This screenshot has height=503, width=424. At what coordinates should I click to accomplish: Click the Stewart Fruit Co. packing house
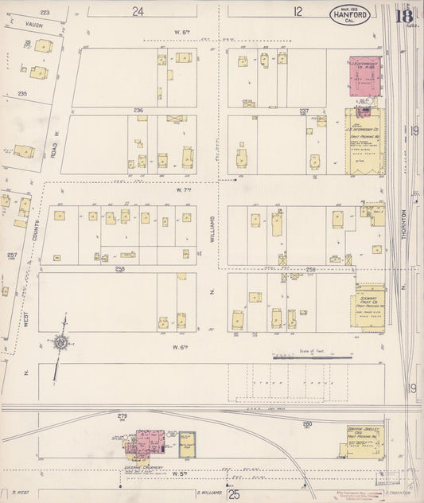[369, 306]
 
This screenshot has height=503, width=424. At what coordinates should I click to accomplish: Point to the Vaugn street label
[33, 25]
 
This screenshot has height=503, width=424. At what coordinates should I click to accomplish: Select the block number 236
[138, 110]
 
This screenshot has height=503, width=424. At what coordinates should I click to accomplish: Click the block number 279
[122, 416]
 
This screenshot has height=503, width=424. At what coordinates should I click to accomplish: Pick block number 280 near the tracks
[306, 423]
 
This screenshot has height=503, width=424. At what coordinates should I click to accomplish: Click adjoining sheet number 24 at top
[139, 11]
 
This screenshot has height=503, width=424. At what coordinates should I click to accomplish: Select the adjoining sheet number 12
[298, 11]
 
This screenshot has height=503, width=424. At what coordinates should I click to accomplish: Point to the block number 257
[11, 255]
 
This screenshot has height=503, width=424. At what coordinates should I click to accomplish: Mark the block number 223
[45, 13]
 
